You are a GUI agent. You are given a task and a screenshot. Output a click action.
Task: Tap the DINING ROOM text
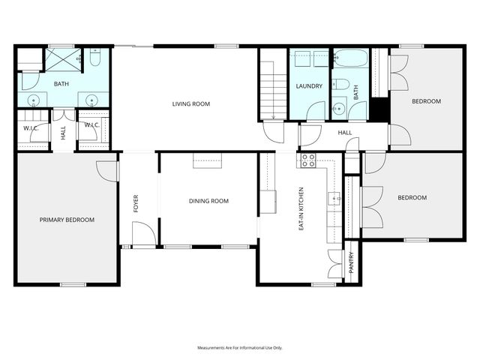(x=208, y=201)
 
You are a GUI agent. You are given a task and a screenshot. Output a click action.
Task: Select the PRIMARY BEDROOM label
(x=67, y=220)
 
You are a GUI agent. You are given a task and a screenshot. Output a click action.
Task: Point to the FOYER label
(x=136, y=204)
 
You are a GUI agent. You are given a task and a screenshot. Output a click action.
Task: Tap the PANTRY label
(x=351, y=263)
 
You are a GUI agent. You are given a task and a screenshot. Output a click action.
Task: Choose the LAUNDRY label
(x=309, y=86)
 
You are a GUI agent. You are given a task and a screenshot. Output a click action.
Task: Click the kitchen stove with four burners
(x=308, y=160)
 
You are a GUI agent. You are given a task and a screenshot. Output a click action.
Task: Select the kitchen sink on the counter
(x=334, y=199)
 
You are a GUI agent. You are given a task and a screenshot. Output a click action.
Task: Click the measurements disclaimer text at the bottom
(x=239, y=348)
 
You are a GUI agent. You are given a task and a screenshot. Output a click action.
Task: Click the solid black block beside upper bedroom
(x=379, y=109)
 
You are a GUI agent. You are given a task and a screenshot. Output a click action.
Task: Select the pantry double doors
(x=334, y=259)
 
